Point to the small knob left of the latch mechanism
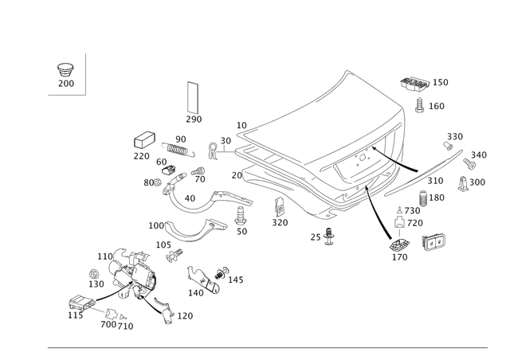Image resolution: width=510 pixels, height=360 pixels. point(95,272)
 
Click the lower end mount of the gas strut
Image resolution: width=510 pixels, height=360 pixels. point(398,244)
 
